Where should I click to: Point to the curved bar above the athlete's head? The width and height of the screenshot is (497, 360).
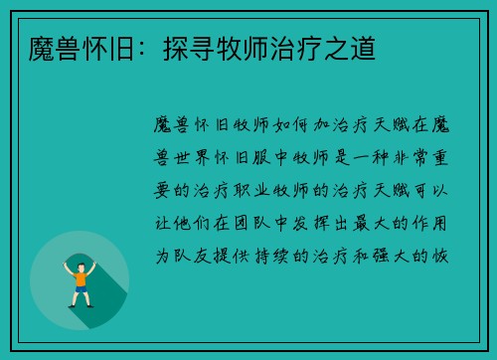click(80, 250)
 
